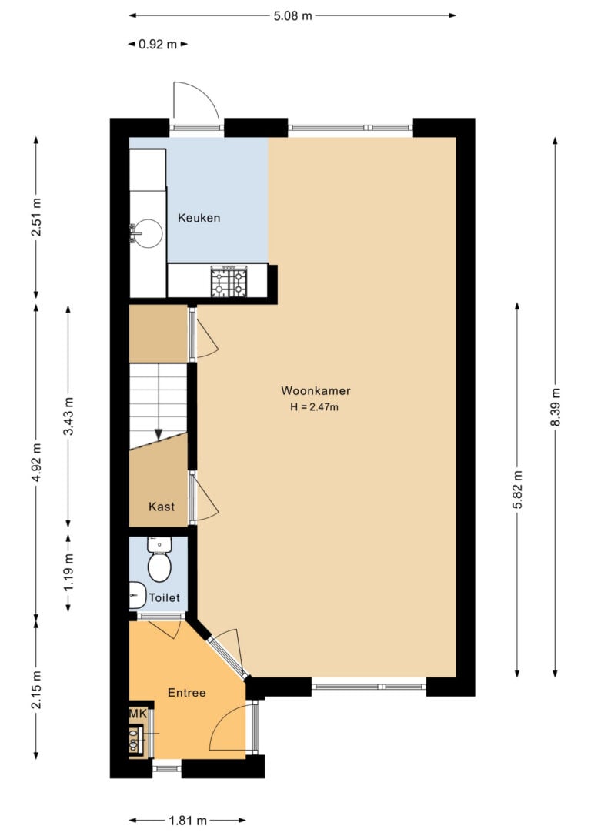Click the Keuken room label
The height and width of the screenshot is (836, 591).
click(x=199, y=218)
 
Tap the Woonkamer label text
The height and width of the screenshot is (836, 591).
click(x=316, y=390)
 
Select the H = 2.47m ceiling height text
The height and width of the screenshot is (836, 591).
click(x=315, y=407)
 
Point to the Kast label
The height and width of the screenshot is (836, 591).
click(x=162, y=507)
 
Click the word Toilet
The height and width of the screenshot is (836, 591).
click(x=164, y=597)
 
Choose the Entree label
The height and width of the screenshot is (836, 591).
click(x=186, y=693)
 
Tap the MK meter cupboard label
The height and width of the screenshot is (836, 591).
click(x=138, y=714)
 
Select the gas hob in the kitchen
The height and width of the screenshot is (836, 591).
click(x=229, y=282)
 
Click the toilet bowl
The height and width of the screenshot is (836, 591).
click(x=159, y=567)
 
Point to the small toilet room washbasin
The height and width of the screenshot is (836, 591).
click(x=138, y=595)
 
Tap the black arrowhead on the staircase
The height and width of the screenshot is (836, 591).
click(x=159, y=435)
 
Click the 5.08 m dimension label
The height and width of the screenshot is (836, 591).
click(x=292, y=15)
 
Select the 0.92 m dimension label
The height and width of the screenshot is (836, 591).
click(x=158, y=44)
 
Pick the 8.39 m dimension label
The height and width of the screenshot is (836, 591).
click(x=556, y=406)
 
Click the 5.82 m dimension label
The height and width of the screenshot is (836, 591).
click(x=517, y=490)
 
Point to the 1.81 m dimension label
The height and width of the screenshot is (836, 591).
click(x=188, y=821)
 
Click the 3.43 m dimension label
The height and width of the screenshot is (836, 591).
click(x=68, y=416)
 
